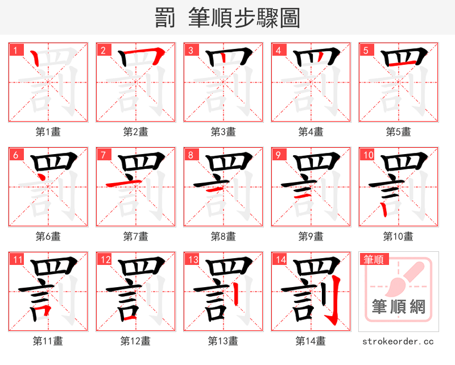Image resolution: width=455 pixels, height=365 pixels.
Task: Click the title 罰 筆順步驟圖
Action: pyautogui.click(x=227, y=18)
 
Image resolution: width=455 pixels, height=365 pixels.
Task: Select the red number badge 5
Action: pyautogui.click(x=366, y=50)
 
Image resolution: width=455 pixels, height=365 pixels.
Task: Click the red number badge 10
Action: pyautogui.click(x=367, y=155)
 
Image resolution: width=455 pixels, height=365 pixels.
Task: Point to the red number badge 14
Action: pyautogui.click(x=280, y=260)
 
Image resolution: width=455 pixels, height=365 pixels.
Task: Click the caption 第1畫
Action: pyautogui.click(x=48, y=132)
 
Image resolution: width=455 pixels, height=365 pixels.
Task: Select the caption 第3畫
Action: pyautogui.click(x=224, y=132)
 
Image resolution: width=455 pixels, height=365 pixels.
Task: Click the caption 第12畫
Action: pyautogui.click(x=136, y=341)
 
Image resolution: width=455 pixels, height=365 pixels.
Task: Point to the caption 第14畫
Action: pyautogui.click(x=311, y=341)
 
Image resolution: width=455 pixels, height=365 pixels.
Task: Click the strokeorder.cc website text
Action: pyautogui.click(x=398, y=342)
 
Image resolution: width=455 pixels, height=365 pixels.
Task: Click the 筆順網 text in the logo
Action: pyautogui.click(x=398, y=308)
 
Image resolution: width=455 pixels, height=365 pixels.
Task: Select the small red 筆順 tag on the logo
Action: pyautogui.click(x=374, y=260)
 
